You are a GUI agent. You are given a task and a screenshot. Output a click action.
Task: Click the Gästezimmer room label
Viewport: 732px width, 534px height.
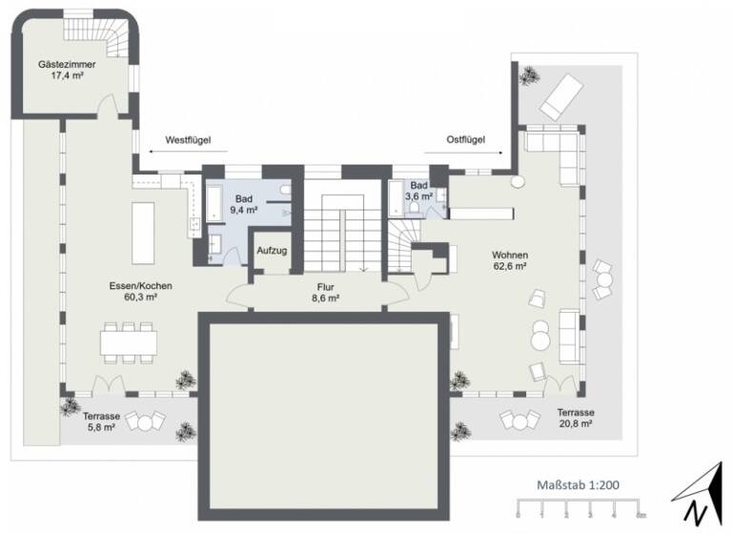66,64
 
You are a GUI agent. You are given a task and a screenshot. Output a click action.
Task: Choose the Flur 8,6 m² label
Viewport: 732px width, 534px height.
327,292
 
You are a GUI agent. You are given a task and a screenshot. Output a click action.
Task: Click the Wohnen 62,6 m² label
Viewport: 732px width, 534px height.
510,260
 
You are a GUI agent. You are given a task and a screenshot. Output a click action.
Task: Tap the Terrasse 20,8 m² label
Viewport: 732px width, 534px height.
578,419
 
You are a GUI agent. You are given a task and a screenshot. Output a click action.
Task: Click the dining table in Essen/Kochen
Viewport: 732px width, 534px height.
129,340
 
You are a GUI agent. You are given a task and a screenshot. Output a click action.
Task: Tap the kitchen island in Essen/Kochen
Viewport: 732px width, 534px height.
143,232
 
